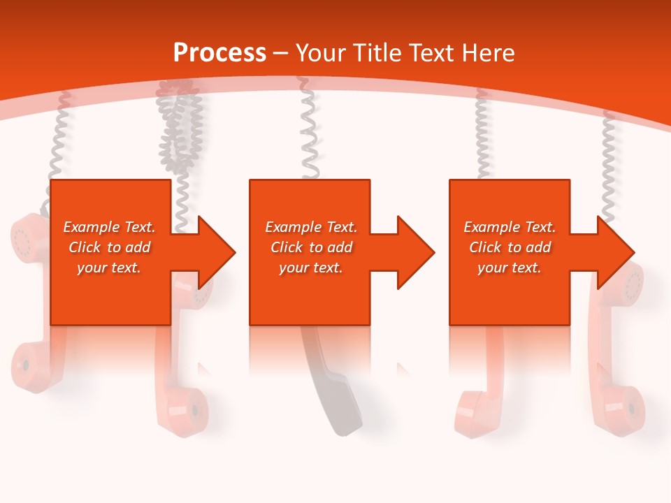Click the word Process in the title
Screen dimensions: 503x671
(219, 53)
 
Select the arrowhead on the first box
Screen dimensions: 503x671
(217, 252)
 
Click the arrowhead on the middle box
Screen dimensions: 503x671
(416, 252)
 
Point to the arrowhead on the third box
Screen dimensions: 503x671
(616, 252)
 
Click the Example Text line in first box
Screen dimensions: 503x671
(109, 227)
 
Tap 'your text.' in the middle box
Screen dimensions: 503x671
(310, 268)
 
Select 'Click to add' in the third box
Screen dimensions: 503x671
(510, 247)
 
